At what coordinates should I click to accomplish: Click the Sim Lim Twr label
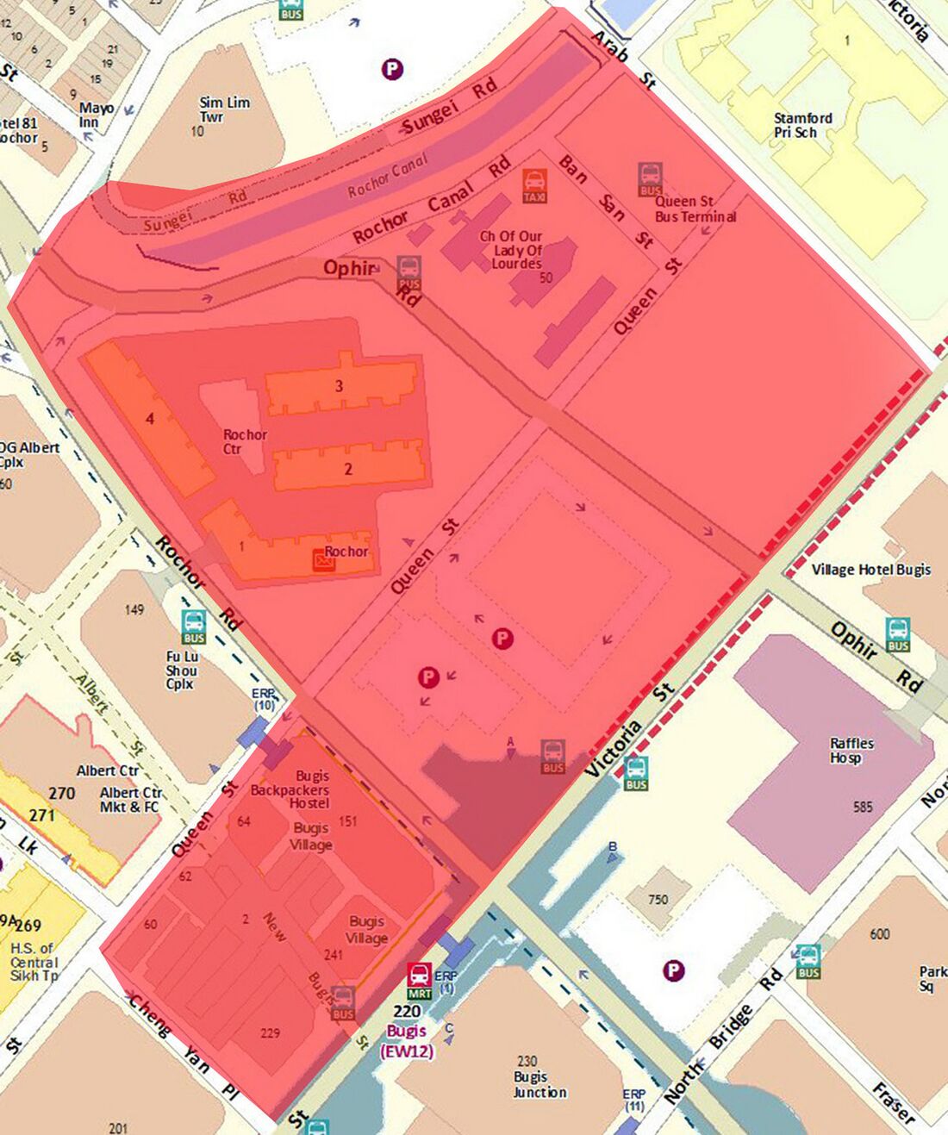224,109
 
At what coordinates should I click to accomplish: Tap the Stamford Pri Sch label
802,125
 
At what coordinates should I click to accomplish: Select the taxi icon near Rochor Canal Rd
534,185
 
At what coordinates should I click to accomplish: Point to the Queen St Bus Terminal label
695,209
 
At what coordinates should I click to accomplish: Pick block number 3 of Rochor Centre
339,385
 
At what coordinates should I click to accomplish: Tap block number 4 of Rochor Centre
150,419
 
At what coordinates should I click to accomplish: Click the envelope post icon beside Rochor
324,560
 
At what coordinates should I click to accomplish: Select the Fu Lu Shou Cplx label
182,670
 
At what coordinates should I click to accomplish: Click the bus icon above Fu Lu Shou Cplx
194,626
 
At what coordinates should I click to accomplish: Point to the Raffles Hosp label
851,750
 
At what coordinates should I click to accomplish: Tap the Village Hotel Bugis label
870,570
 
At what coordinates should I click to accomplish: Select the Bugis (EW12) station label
407,1041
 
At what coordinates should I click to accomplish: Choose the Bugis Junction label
538,1077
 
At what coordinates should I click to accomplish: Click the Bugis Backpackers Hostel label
290,789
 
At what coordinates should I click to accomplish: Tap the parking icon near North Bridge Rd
673,971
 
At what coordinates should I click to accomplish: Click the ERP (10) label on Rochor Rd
263,699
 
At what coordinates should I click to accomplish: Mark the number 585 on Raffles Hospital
863,808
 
